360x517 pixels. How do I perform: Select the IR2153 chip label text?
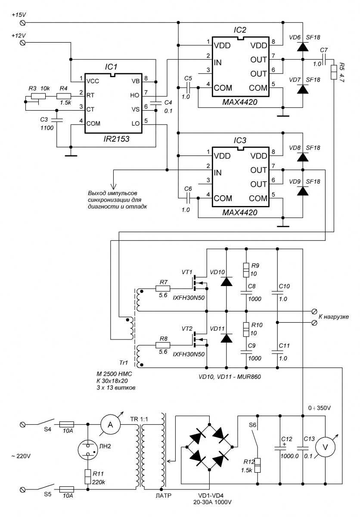[x=111, y=140]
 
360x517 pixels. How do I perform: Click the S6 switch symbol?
[x=258, y=437]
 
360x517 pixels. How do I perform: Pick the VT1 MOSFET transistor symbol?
[x=199, y=282]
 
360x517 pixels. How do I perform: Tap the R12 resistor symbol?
[x=258, y=465]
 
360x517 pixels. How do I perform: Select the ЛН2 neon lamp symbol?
[x=88, y=449]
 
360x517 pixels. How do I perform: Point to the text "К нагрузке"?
[x=333, y=317]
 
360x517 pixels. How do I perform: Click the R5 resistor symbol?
[x=333, y=72]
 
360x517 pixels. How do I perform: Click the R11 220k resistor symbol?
[x=88, y=477]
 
